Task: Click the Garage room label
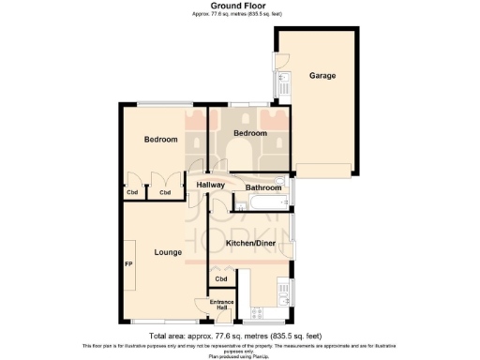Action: [x=322, y=76]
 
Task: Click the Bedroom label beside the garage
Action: [x=249, y=133]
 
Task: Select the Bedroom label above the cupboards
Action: [x=160, y=140]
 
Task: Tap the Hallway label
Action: [x=210, y=186]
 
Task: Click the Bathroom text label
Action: [x=263, y=187]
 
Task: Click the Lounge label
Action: [x=168, y=251]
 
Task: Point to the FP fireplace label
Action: [x=128, y=264]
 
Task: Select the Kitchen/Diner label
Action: [x=250, y=244]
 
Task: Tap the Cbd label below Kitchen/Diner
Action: [x=221, y=278]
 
